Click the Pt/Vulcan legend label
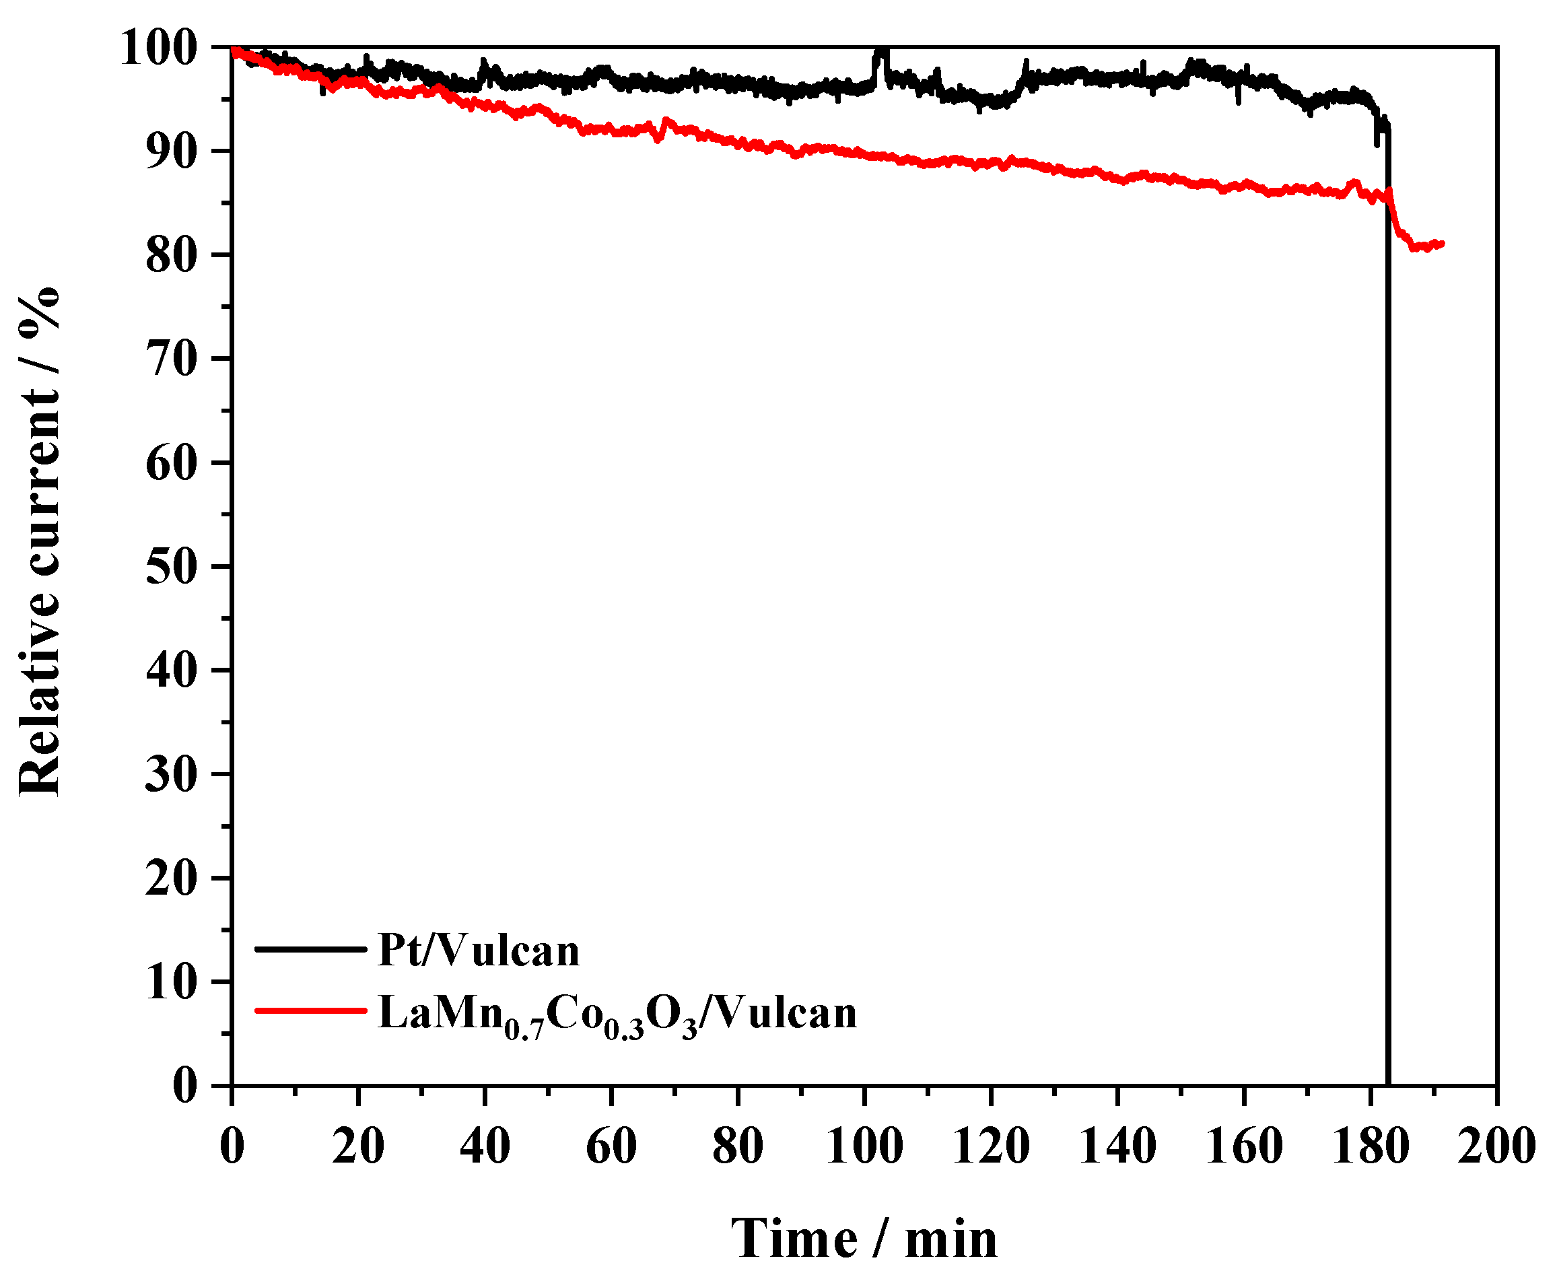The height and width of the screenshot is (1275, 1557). [x=478, y=951]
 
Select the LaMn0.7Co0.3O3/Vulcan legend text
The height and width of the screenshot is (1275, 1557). [x=617, y=1014]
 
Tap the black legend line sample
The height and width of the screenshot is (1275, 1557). [x=310, y=950]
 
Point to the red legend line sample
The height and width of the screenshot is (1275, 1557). [x=310, y=1010]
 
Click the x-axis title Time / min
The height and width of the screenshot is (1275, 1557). [x=864, y=1238]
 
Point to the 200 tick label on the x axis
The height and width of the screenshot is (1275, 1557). [x=1496, y=1146]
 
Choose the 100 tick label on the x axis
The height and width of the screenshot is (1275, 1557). [x=864, y=1146]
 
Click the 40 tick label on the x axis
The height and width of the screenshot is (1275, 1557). [x=485, y=1146]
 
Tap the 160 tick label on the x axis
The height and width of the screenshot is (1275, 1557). [x=1243, y=1146]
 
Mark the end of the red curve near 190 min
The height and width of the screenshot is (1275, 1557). [x=1442, y=244]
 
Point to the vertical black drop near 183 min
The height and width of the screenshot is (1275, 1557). [x=1387, y=588]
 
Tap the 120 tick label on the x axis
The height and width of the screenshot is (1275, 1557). [x=991, y=1146]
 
